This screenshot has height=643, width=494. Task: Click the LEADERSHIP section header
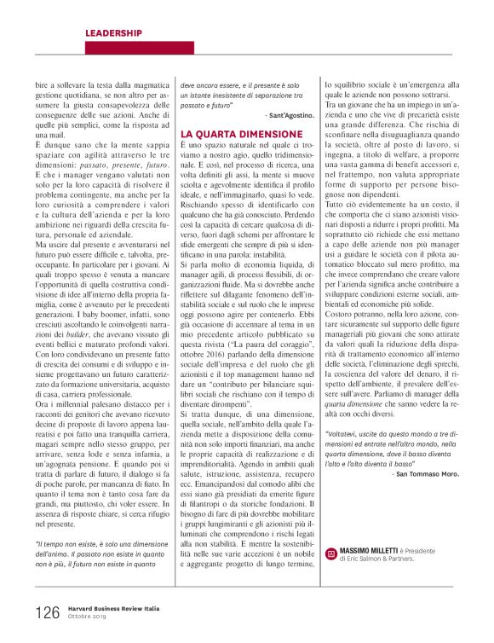[113, 32]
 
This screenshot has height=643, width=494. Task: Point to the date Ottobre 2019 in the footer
[87, 616]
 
